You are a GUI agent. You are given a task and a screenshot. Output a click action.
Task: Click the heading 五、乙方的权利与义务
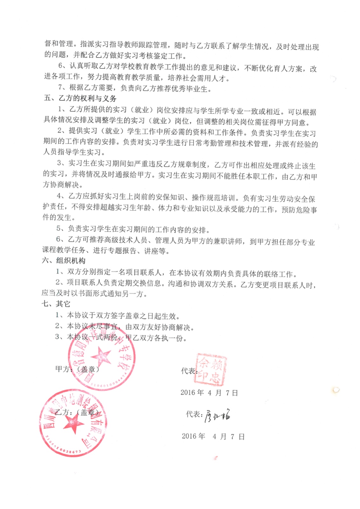tap(80, 98)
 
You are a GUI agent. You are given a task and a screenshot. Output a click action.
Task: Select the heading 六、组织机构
tap(64, 261)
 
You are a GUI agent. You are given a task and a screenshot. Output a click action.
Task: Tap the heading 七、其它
tap(56, 304)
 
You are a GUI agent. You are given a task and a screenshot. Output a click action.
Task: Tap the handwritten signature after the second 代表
tap(217, 415)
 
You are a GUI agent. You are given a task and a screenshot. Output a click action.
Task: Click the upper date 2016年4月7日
tap(209, 393)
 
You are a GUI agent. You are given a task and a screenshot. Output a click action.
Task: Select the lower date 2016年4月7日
tap(213, 436)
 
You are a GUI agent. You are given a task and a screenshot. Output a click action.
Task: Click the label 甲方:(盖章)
tap(77, 369)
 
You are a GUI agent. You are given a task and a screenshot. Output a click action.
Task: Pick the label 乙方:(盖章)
tap(77, 413)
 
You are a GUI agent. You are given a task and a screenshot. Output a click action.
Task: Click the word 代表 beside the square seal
tap(189, 371)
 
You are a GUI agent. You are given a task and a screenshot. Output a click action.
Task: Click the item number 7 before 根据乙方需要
tap(61, 88)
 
